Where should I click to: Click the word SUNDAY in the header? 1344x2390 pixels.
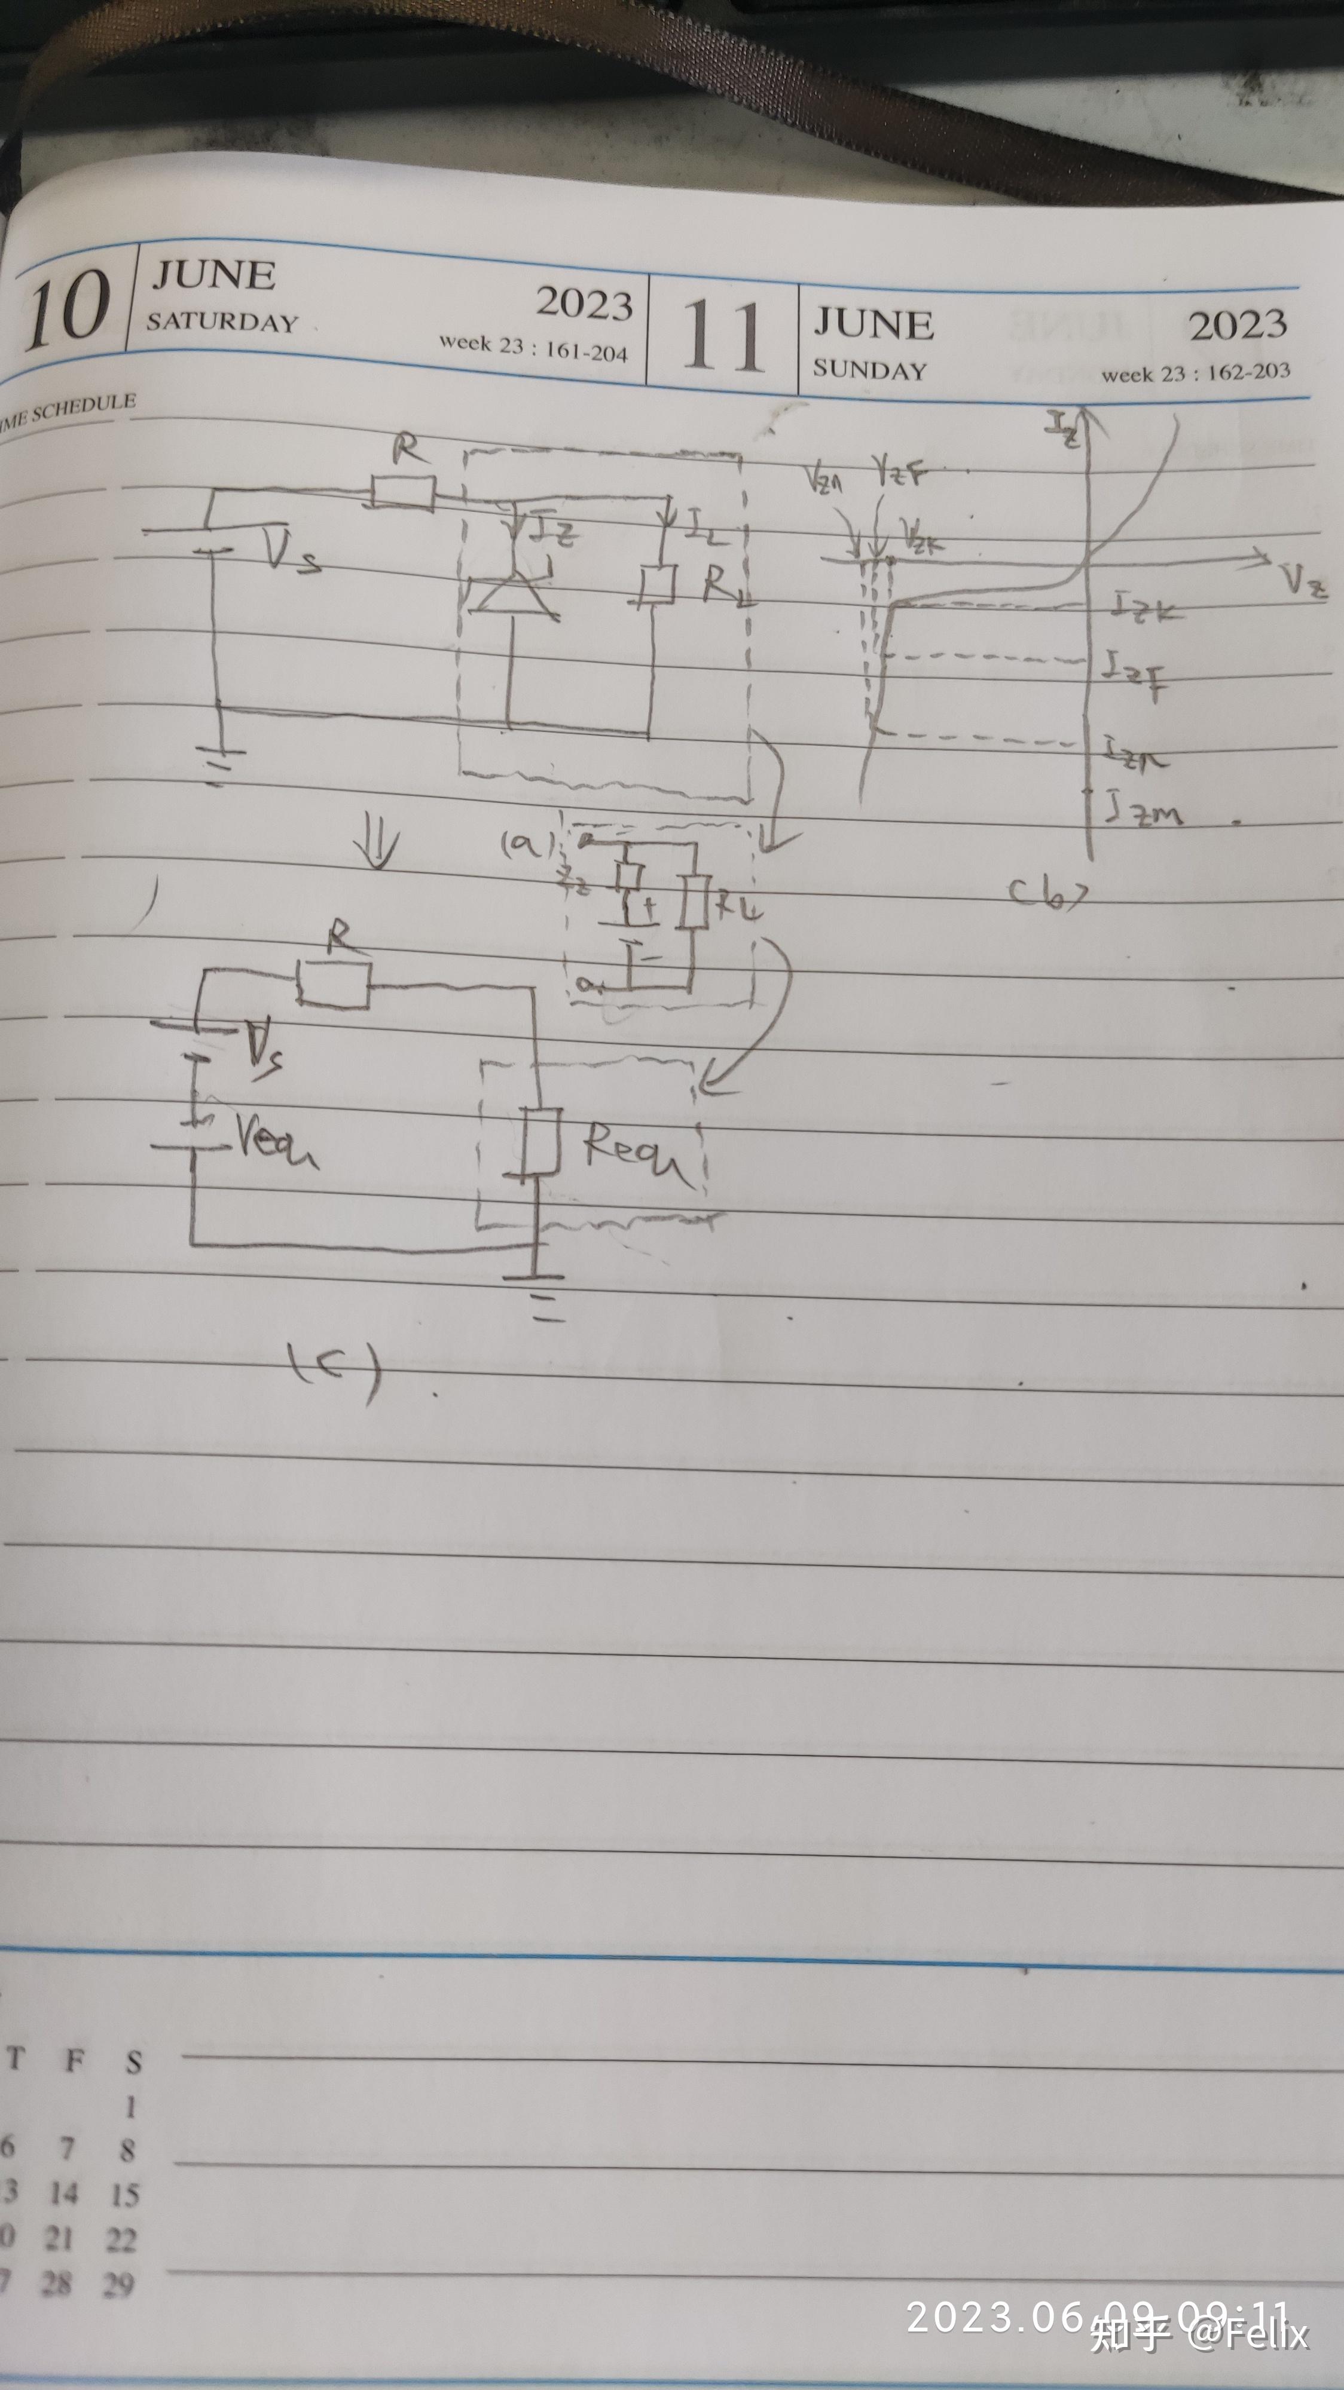click(870, 369)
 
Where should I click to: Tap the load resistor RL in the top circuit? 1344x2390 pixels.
click(656, 584)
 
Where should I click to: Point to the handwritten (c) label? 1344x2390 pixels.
click(334, 1368)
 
